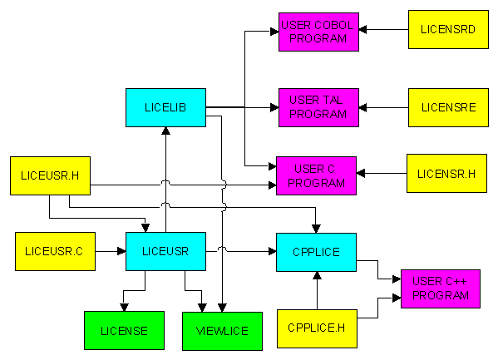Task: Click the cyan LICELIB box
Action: pyautogui.click(x=165, y=108)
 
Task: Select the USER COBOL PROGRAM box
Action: pyautogui.click(x=319, y=32)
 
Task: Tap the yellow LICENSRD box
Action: pyautogui.click(x=448, y=30)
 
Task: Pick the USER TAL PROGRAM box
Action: pyautogui.click(x=319, y=108)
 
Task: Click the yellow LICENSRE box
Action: pyautogui.click(x=448, y=108)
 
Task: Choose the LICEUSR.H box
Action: pyautogui.click(x=50, y=175)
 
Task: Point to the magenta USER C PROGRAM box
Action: pyautogui.click(x=316, y=175)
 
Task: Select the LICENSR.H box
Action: pyautogui.click(x=446, y=174)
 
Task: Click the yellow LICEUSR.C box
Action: pyautogui.click(x=55, y=251)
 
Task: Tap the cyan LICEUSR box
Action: pyautogui.click(x=165, y=251)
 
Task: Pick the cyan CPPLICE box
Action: pyautogui.click(x=316, y=252)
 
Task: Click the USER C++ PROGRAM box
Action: pyautogui.click(x=441, y=288)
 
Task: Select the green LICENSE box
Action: pyautogui.click(x=124, y=330)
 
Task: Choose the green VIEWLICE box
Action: pyautogui.click(x=222, y=332)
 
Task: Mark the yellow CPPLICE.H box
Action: pyautogui.click(x=317, y=329)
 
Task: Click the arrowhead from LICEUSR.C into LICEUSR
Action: pyautogui.click(x=121, y=251)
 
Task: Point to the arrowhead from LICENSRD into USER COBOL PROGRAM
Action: pyautogui.click(x=362, y=30)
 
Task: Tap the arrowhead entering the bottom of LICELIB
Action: pyautogui.click(x=165, y=131)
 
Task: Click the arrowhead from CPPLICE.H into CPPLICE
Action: pyautogui.click(x=317, y=275)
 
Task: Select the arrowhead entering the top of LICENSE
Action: pyautogui.click(x=124, y=308)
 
